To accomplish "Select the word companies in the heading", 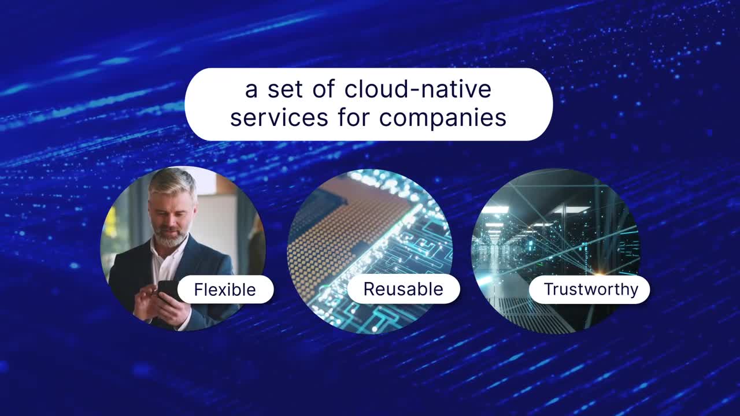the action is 443,120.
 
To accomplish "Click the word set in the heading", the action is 285,90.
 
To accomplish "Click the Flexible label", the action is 225,289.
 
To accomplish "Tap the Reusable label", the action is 404,289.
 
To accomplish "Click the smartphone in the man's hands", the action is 168,291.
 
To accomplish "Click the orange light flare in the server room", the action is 598,273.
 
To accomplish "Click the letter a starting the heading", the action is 251,91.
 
